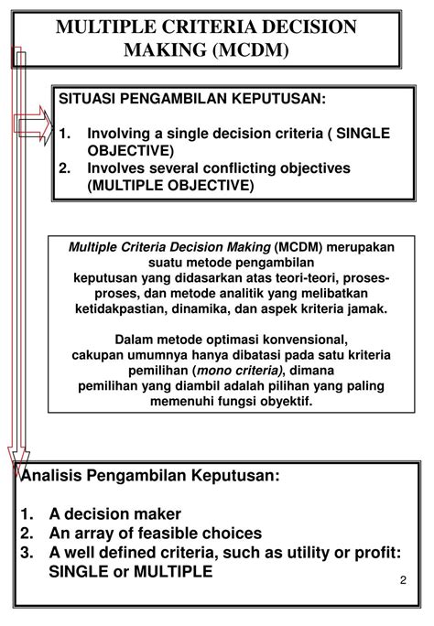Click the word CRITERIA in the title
(194, 27)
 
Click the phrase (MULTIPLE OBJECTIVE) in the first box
(170, 186)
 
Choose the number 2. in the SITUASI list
(66, 168)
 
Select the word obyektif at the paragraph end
(284, 401)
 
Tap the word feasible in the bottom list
(175, 534)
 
